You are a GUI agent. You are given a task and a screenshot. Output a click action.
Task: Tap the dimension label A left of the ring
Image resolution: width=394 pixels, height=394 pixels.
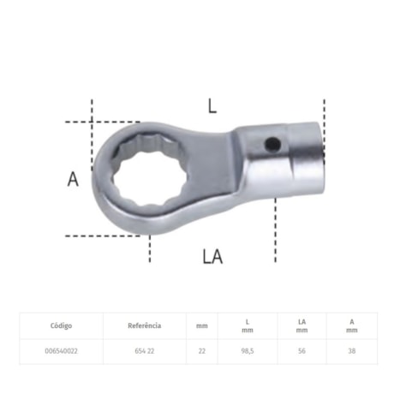pos(74,179)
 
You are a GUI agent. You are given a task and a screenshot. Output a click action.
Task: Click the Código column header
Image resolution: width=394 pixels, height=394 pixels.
pos(61,325)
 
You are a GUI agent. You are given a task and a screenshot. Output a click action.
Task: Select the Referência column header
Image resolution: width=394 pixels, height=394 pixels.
pos(144,325)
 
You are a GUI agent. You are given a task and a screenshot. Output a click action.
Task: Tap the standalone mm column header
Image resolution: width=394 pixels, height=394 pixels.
pos(201,325)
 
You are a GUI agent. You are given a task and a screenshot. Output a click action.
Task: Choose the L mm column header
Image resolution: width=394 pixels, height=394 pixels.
pos(247,325)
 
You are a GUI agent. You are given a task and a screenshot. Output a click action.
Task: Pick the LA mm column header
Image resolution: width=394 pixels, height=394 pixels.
pos(301,325)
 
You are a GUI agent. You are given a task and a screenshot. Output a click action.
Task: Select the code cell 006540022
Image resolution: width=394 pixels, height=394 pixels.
pos(61,350)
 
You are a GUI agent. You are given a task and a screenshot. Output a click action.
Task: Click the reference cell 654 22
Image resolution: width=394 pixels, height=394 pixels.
pos(144,350)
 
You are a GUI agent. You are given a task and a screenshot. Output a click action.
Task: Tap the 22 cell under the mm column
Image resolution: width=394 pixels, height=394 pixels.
pos(201,350)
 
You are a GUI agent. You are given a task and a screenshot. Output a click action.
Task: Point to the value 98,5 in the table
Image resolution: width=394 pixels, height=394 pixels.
pos(247,350)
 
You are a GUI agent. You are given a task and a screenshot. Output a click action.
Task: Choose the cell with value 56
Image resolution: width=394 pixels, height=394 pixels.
pos(301,350)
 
